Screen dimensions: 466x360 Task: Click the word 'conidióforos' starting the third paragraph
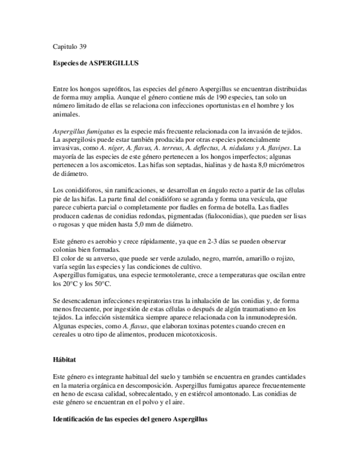click(x=81, y=190)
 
